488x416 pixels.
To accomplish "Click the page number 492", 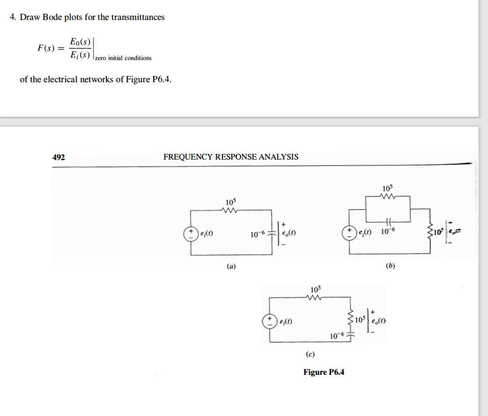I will (x=58, y=157).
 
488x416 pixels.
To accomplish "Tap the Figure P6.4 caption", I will (x=324, y=372).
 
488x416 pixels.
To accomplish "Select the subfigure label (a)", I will (x=231, y=267).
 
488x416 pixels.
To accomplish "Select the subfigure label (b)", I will (x=390, y=266).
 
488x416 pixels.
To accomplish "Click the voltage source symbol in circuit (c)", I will (x=270, y=321).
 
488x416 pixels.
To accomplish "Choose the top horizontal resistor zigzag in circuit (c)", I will (x=315, y=297).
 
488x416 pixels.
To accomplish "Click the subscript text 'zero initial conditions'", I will (x=123, y=58).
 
